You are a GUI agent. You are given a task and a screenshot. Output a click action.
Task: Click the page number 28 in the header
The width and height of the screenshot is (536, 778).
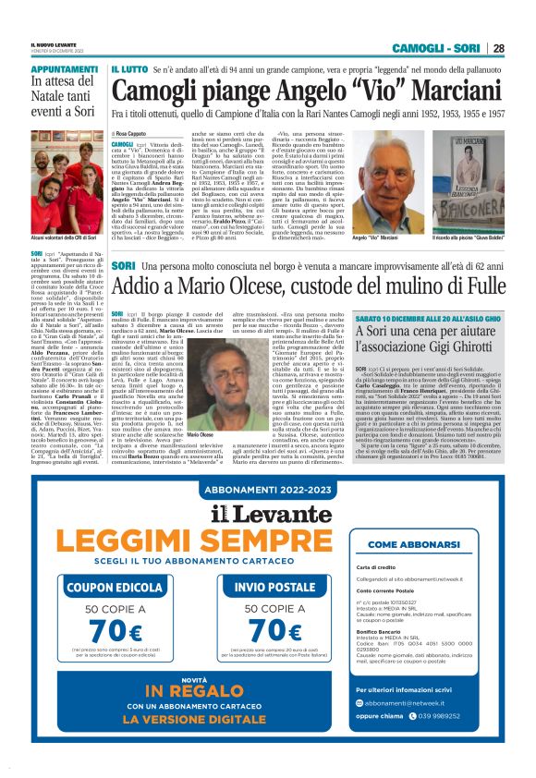pos(498,48)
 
